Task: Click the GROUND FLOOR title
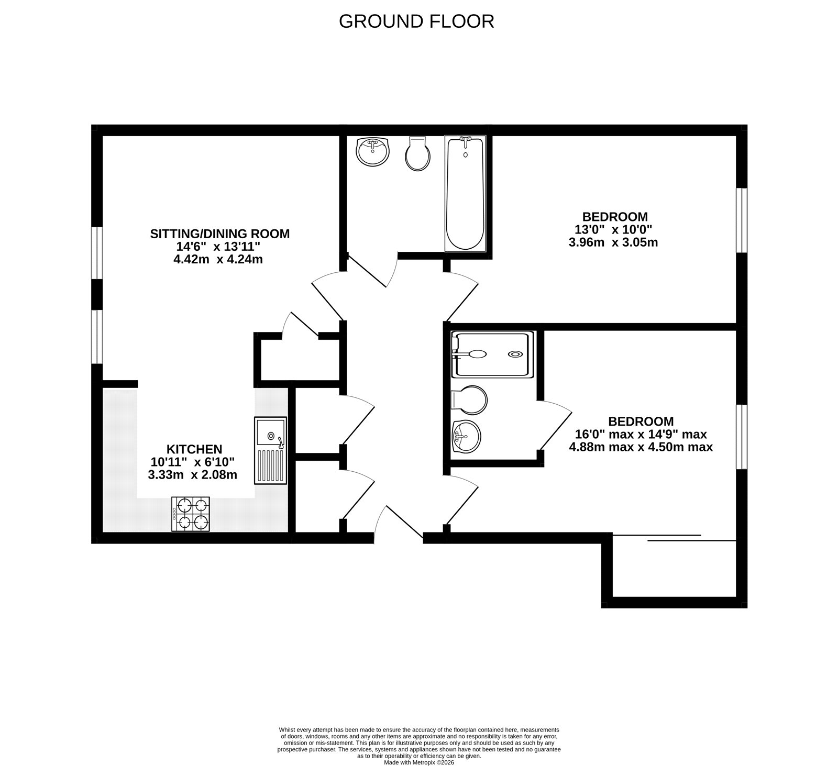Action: pyautogui.click(x=416, y=21)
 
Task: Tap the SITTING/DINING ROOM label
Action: pyautogui.click(x=219, y=234)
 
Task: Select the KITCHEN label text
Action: pyautogui.click(x=194, y=449)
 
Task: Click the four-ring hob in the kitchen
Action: pyautogui.click(x=191, y=514)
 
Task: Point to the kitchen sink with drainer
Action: pyautogui.click(x=270, y=450)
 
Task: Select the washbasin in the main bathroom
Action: pyautogui.click(x=372, y=152)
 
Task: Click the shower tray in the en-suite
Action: pyautogui.click(x=492, y=354)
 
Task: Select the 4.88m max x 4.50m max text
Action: pyautogui.click(x=641, y=447)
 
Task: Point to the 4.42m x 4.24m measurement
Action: pyautogui.click(x=218, y=259)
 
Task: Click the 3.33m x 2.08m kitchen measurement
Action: pyautogui.click(x=193, y=475)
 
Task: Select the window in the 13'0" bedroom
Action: pyautogui.click(x=741, y=220)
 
